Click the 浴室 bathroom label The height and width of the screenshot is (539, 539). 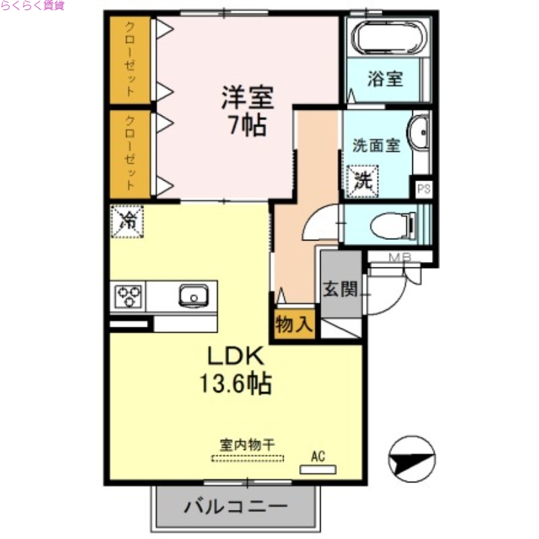click(x=385, y=79)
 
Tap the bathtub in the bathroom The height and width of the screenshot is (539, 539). click(x=387, y=36)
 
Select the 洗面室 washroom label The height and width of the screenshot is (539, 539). click(x=377, y=146)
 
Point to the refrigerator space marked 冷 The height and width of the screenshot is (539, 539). click(x=127, y=220)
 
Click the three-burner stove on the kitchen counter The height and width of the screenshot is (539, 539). click(x=129, y=296)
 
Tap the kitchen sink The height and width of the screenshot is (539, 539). click(x=193, y=296)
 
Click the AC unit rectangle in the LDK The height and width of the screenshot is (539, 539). click(x=317, y=468)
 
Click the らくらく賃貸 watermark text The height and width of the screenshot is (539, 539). click(x=32, y=5)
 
